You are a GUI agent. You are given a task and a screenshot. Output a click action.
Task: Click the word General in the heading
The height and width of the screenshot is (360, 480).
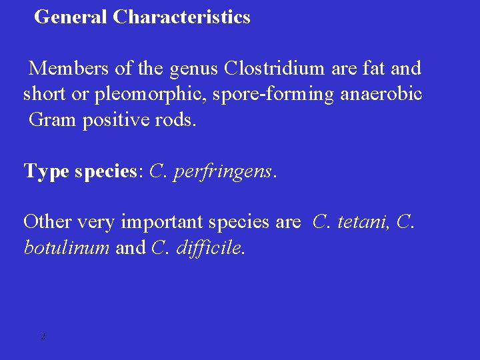71,17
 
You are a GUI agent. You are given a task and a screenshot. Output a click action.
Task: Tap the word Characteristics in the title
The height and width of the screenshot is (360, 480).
181,17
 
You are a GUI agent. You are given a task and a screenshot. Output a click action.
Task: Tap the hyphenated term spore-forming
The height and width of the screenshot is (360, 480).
273,95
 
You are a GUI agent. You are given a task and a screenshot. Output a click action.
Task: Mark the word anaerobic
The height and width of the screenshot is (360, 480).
381,95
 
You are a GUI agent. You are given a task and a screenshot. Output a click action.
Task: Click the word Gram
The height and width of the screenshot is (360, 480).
53,121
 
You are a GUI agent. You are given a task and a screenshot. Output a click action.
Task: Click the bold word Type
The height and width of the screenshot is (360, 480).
47,172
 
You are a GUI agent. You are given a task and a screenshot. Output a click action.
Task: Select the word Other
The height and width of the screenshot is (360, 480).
46,221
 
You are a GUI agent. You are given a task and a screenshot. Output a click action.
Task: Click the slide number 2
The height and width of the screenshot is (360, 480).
43,337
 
